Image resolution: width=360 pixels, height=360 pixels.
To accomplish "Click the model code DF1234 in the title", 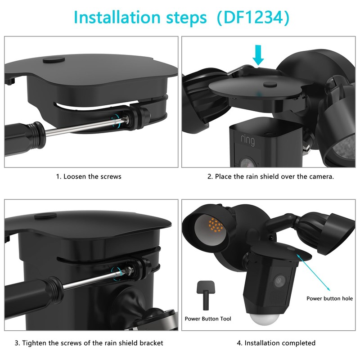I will [252, 18].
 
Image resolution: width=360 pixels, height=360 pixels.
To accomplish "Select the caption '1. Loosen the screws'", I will [89, 176].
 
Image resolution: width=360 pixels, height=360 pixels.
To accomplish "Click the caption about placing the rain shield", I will [270, 176].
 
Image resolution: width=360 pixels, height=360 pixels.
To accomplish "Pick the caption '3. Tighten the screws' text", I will [89, 343].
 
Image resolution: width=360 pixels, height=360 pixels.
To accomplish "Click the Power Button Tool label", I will [208, 319].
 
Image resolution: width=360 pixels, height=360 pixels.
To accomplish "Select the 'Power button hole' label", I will [329, 298].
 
